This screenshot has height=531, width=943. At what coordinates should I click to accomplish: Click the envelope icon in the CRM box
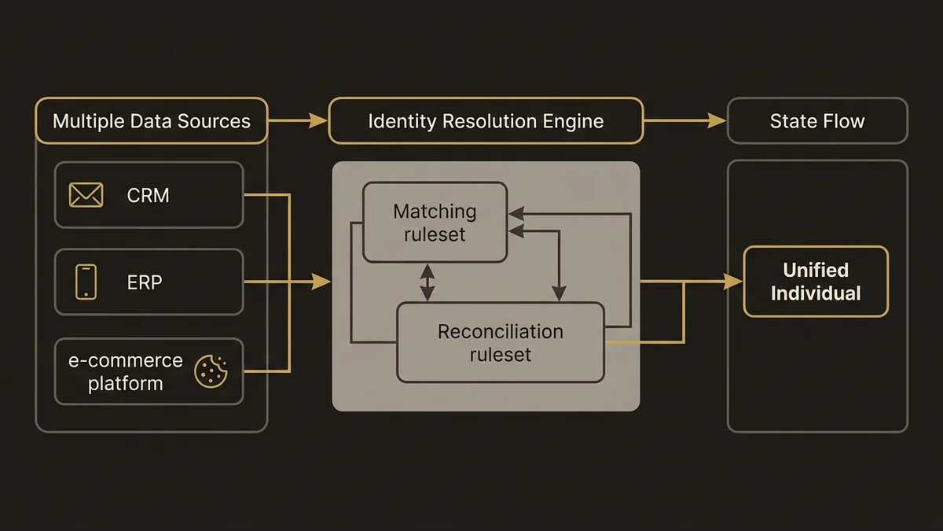tap(86, 194)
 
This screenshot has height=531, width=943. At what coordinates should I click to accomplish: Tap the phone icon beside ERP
tap(86, 282)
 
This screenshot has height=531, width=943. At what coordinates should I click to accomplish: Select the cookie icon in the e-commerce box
tap(211, 371)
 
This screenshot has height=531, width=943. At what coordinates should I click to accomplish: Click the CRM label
tap(148, 195)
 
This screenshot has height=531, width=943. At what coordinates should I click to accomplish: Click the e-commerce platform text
tap(125, 372)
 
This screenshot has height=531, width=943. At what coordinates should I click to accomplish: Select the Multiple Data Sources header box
tap(152, 121)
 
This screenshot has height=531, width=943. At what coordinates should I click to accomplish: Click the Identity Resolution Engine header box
tap(486, 121)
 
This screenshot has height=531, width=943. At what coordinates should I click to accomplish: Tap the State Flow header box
tap(817, 121)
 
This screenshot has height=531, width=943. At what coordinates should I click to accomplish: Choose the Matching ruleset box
tap(435, 223)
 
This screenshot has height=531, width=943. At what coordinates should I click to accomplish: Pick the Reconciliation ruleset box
tap(501, 343)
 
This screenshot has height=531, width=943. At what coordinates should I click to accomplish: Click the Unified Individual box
tap(816, 282)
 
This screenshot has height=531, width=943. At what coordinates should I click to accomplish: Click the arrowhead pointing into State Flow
tap(717, 120)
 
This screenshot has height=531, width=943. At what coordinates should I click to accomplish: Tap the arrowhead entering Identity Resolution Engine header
tap(319, 120)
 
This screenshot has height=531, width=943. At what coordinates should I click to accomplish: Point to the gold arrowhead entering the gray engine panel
tap(322, 282)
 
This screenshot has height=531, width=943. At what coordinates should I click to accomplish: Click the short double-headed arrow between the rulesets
tap(427, 282)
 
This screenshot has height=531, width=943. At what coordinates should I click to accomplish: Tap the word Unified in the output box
tap(816, 270)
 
